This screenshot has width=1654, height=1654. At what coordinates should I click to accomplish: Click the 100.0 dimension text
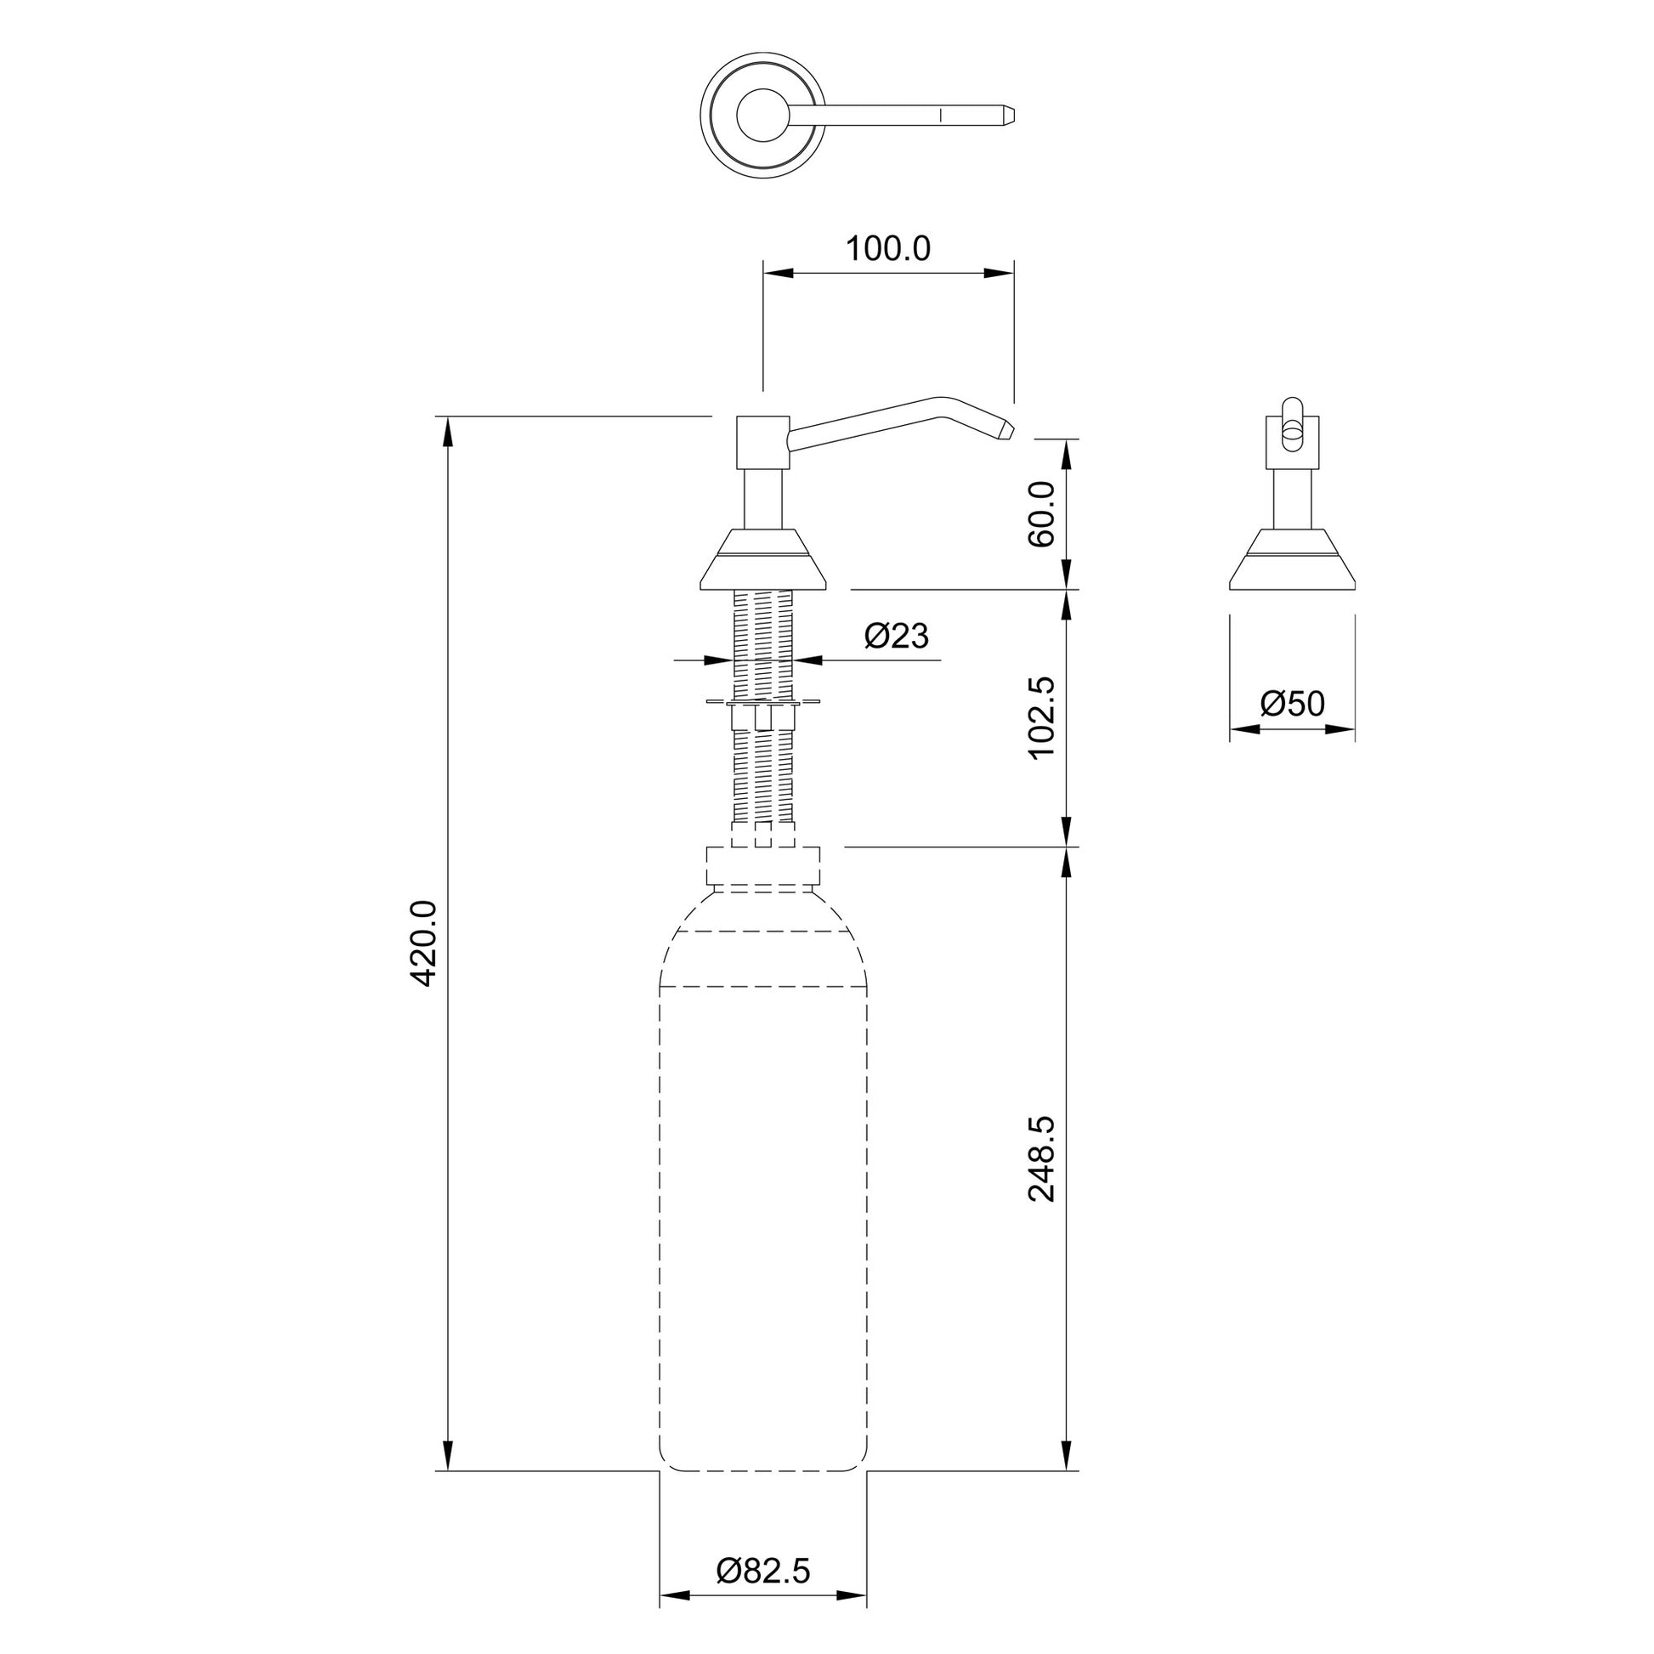click(x=888, y=248)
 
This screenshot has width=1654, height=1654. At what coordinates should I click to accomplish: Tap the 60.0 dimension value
click(x=1042, y=513)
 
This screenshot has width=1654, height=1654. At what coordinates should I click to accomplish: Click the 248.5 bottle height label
click(x=1042, y=1159)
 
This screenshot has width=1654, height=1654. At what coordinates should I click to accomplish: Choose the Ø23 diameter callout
click(x=896, y=635)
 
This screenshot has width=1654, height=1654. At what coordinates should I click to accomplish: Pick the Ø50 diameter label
click(x=1292, y=704)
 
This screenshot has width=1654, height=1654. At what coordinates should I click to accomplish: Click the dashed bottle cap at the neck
click(x=762, y=866)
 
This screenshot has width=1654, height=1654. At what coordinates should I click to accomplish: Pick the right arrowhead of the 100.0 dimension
click(x=999, y=273)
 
